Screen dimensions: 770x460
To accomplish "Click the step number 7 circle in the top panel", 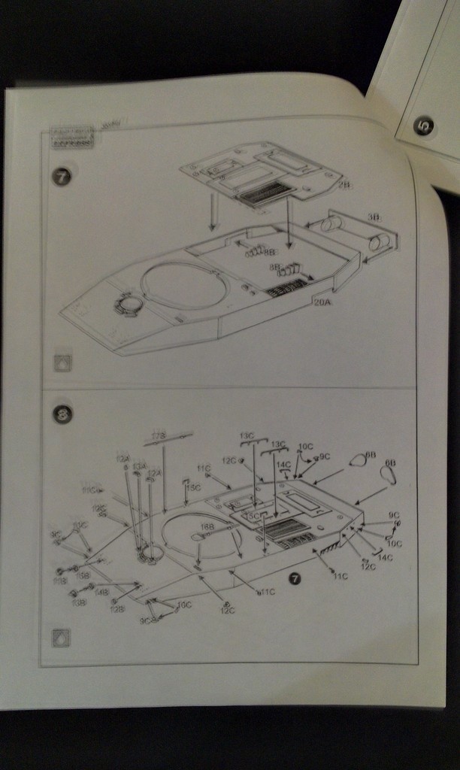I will click(62, 177).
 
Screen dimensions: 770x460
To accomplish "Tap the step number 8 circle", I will click(62, 414).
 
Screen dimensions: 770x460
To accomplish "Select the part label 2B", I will click(343, 184).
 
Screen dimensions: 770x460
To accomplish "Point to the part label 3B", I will click(374, 217).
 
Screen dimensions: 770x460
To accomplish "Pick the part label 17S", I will click(158, 435).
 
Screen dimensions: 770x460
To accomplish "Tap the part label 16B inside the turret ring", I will click(207, 527).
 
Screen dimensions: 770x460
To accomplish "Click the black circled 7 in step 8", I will click(295, 577).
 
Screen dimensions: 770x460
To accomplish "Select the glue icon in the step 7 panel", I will click(63, 362).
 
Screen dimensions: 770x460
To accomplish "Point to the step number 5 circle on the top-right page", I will click(423, 126).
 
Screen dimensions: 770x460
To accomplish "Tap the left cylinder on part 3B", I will click(331, 225).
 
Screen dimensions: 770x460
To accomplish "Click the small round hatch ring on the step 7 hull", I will click(127, 305).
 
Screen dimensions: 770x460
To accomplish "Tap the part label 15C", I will click(193, 487).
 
